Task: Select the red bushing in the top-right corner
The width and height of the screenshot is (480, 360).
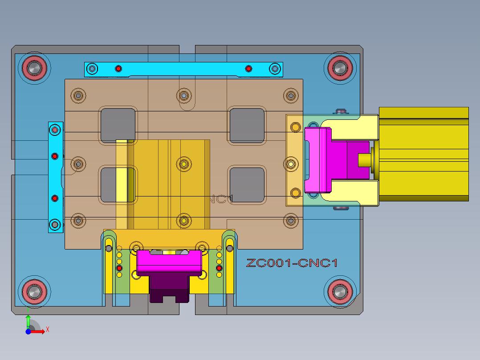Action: pyautogui.click(x=340, y=68)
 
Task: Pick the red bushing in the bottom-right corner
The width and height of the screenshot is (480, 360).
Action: pyautogui.click(x=340, y=292)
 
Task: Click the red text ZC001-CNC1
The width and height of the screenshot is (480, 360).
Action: pyautogui.click(x=292, y=263)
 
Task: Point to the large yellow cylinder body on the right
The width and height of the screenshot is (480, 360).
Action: pyautogui.click(x=423, y=154)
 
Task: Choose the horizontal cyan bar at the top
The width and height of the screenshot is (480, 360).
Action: pyautogui.click(x=183, y=69)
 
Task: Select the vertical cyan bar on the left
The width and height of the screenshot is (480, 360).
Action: pyautogui.click(x=55, y=177)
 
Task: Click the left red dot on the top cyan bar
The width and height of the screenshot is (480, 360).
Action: pyautogui.click(x=118, y=68)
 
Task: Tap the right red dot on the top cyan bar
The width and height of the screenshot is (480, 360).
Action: pyautogui.click(x=248, y=68)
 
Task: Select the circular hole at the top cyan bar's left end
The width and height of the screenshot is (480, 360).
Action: pyautogui.click(x=92, y=69)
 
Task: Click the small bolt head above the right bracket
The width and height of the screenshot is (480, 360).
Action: pyautogui.click(x=342, y=111)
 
